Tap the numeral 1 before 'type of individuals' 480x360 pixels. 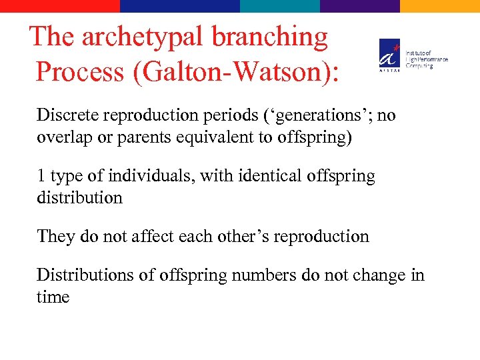tap(41, 176)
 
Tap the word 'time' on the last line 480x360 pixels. tap(53, 297)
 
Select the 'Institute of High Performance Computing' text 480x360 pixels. tap(427, 59)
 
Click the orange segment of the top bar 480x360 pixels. tap(440, 6)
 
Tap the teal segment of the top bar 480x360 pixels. tap(280, 6)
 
